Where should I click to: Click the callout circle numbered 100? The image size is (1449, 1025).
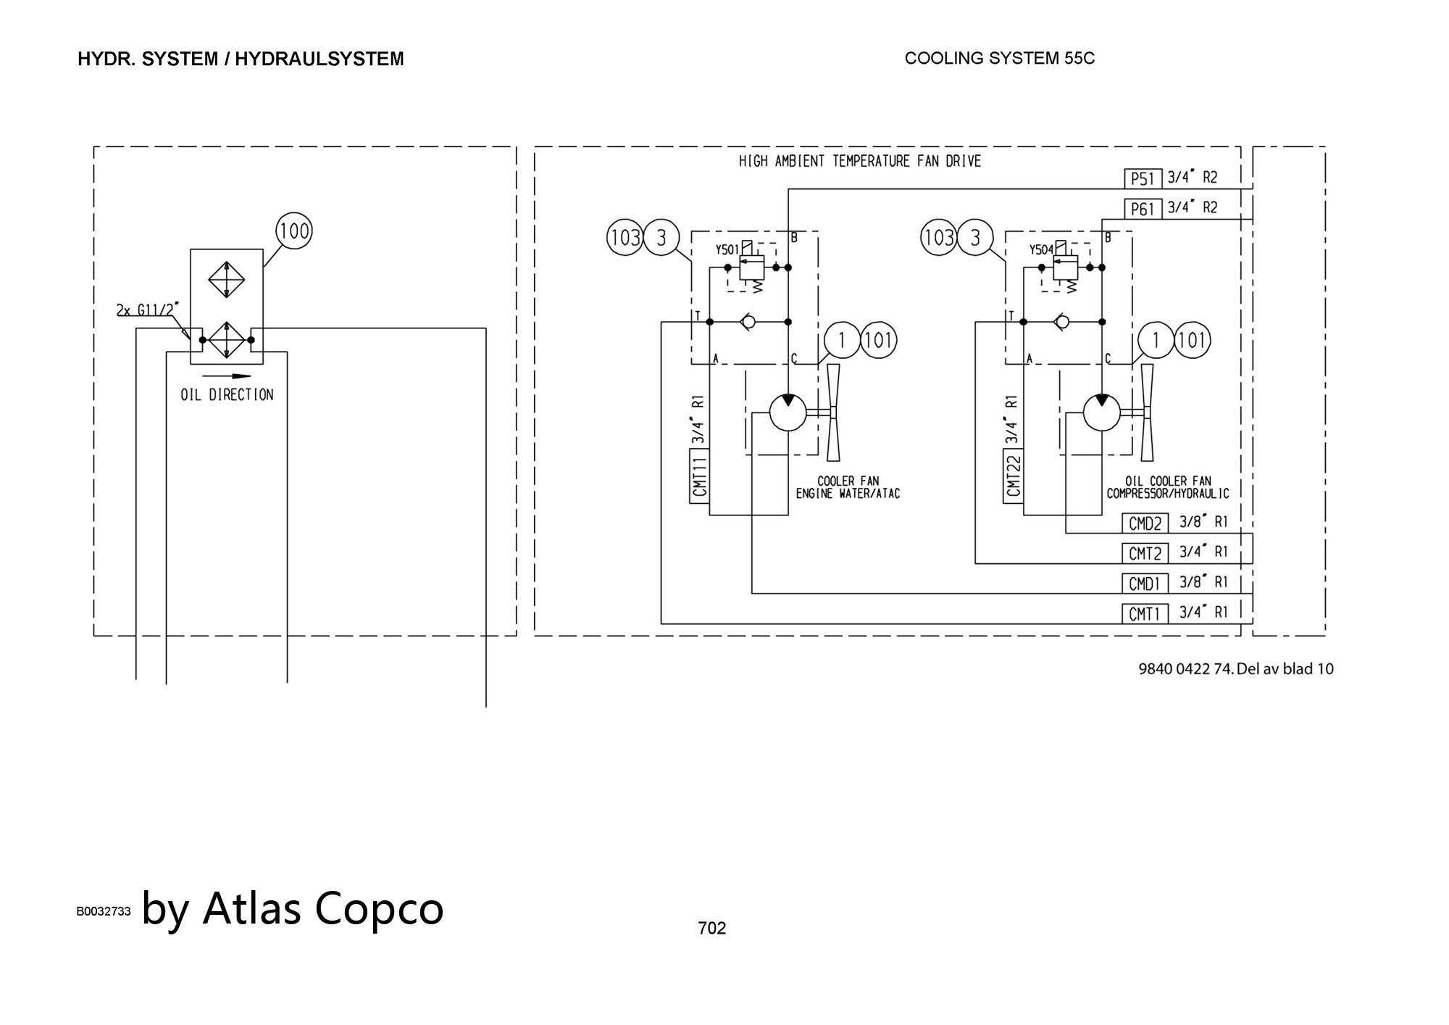pyautogui.click(x=294, y=231)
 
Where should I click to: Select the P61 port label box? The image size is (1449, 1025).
pyautogui.click(x=1143, y=209)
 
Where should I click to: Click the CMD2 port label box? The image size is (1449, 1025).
pyautogui.click(x=1145, y=523)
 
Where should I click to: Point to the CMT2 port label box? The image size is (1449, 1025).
pyautogui.click(x=1145, y=554)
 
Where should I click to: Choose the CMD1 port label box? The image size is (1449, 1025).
pyautogui.click(x=1145, y=584)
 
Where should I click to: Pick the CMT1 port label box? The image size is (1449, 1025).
pyautogui.click(x=1145, y=614)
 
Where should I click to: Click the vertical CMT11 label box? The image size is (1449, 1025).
pyautogui.click(x=699, y=476)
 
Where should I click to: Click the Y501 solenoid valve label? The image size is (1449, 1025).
pyautogui.click(x=727, y=250)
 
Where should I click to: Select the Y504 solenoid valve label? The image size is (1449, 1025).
pyautogui.click(x=1041, y=250)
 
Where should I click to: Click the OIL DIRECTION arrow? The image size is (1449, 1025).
pyautogui.click(x=227, y=376)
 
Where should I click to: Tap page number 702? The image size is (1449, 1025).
pyautogui.click(x=711, y=928)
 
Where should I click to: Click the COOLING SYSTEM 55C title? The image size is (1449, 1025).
pyautogui.click(x=999, y=59)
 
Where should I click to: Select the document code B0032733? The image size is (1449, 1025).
pyautogui.click(x=104, y=911)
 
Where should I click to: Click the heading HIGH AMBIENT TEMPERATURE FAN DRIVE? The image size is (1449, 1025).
pyautogui.click(x=859, y=161)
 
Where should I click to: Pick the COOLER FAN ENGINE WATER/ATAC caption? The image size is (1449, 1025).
pyautogui.click(x=848, y=488)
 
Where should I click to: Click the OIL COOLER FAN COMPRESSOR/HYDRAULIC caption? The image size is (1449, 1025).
pyautogui.click(x=1167, y=488)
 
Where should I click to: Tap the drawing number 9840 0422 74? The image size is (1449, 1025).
pyautogui.click(x=1185, y=668)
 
